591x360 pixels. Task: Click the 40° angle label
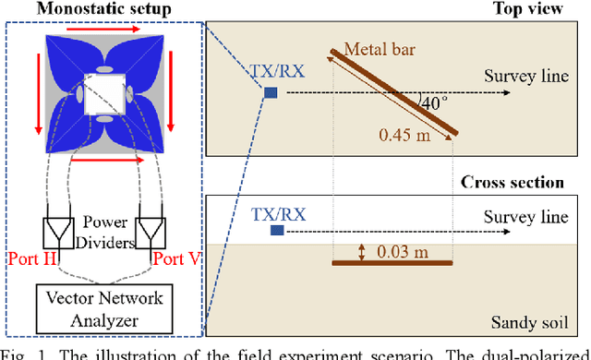[430, 105]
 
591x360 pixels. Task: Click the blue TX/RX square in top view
[271, 92]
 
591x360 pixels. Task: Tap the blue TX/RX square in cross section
[274, 232]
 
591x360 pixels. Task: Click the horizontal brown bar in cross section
[392, 264]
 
